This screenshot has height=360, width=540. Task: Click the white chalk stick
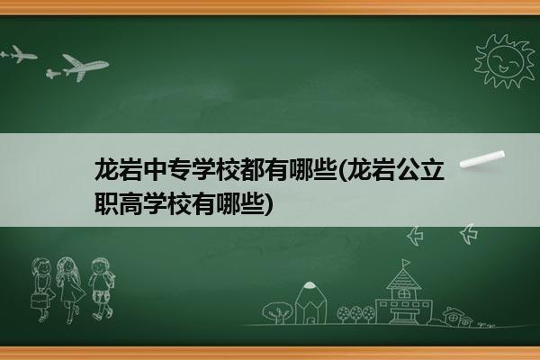coord(482,159)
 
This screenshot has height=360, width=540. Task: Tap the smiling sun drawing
coord(505,61)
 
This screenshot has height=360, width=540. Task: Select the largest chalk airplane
coord(85,67)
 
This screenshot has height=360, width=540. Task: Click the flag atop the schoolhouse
coord(407,263)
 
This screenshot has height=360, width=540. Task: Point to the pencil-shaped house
coord(310,303)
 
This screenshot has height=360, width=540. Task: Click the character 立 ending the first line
coord(433,169)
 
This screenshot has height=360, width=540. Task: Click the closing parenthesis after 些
coord(268,204)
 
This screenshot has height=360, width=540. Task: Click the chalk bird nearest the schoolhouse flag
coord(415,236)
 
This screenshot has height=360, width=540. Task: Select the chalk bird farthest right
coord(469,234)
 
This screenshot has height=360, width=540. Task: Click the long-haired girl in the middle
coord(70,290)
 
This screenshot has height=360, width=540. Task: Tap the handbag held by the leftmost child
coord(39,301)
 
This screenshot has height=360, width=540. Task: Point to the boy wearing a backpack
coord(101,289)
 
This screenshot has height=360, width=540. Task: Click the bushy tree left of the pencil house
coord(276,312)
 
